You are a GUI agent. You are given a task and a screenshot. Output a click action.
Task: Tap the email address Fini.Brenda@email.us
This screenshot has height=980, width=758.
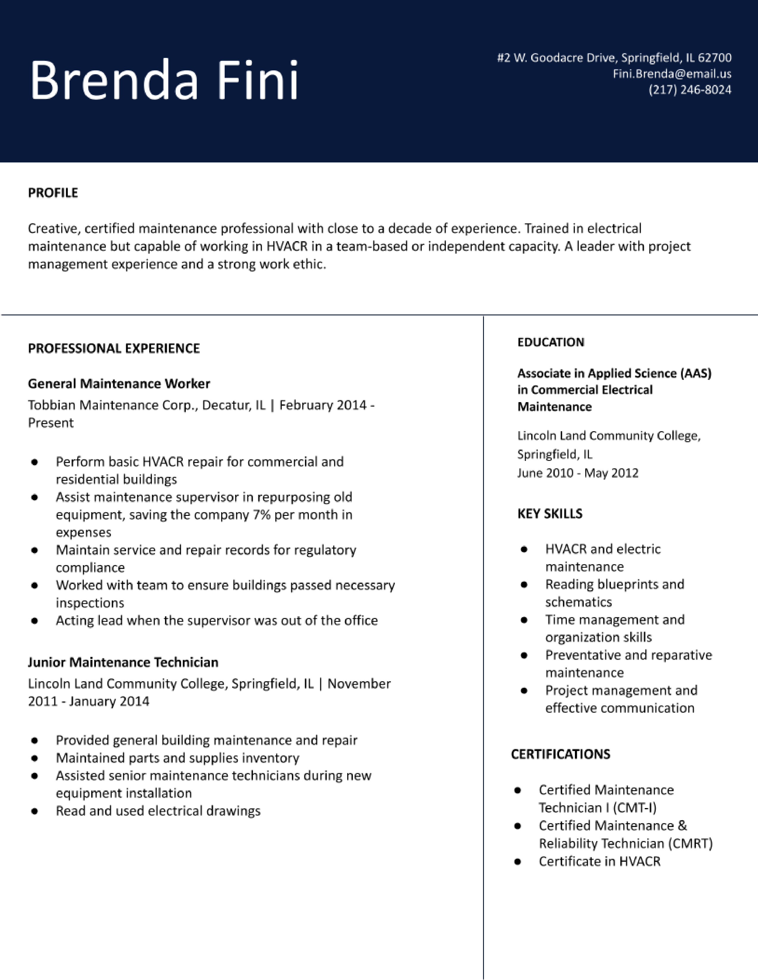click(672, 74)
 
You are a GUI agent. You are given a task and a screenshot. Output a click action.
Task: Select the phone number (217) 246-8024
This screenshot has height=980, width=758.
click(690, 90)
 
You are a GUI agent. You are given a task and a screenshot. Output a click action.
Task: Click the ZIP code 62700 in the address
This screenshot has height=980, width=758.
click(715, 57)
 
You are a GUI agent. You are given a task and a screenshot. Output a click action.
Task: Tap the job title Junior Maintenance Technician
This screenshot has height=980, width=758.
click(123, 662)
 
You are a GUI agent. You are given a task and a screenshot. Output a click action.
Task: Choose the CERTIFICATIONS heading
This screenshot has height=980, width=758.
click(560, 754)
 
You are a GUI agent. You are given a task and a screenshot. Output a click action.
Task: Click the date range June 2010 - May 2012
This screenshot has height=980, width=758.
click(578, 473)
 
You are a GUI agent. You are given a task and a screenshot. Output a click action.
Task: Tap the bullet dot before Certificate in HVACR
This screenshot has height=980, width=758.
click(518, 862)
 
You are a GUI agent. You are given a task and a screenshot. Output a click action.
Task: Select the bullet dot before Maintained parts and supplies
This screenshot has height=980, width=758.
click(34, 758)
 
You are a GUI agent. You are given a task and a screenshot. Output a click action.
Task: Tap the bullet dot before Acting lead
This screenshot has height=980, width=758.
click(34, 621)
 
